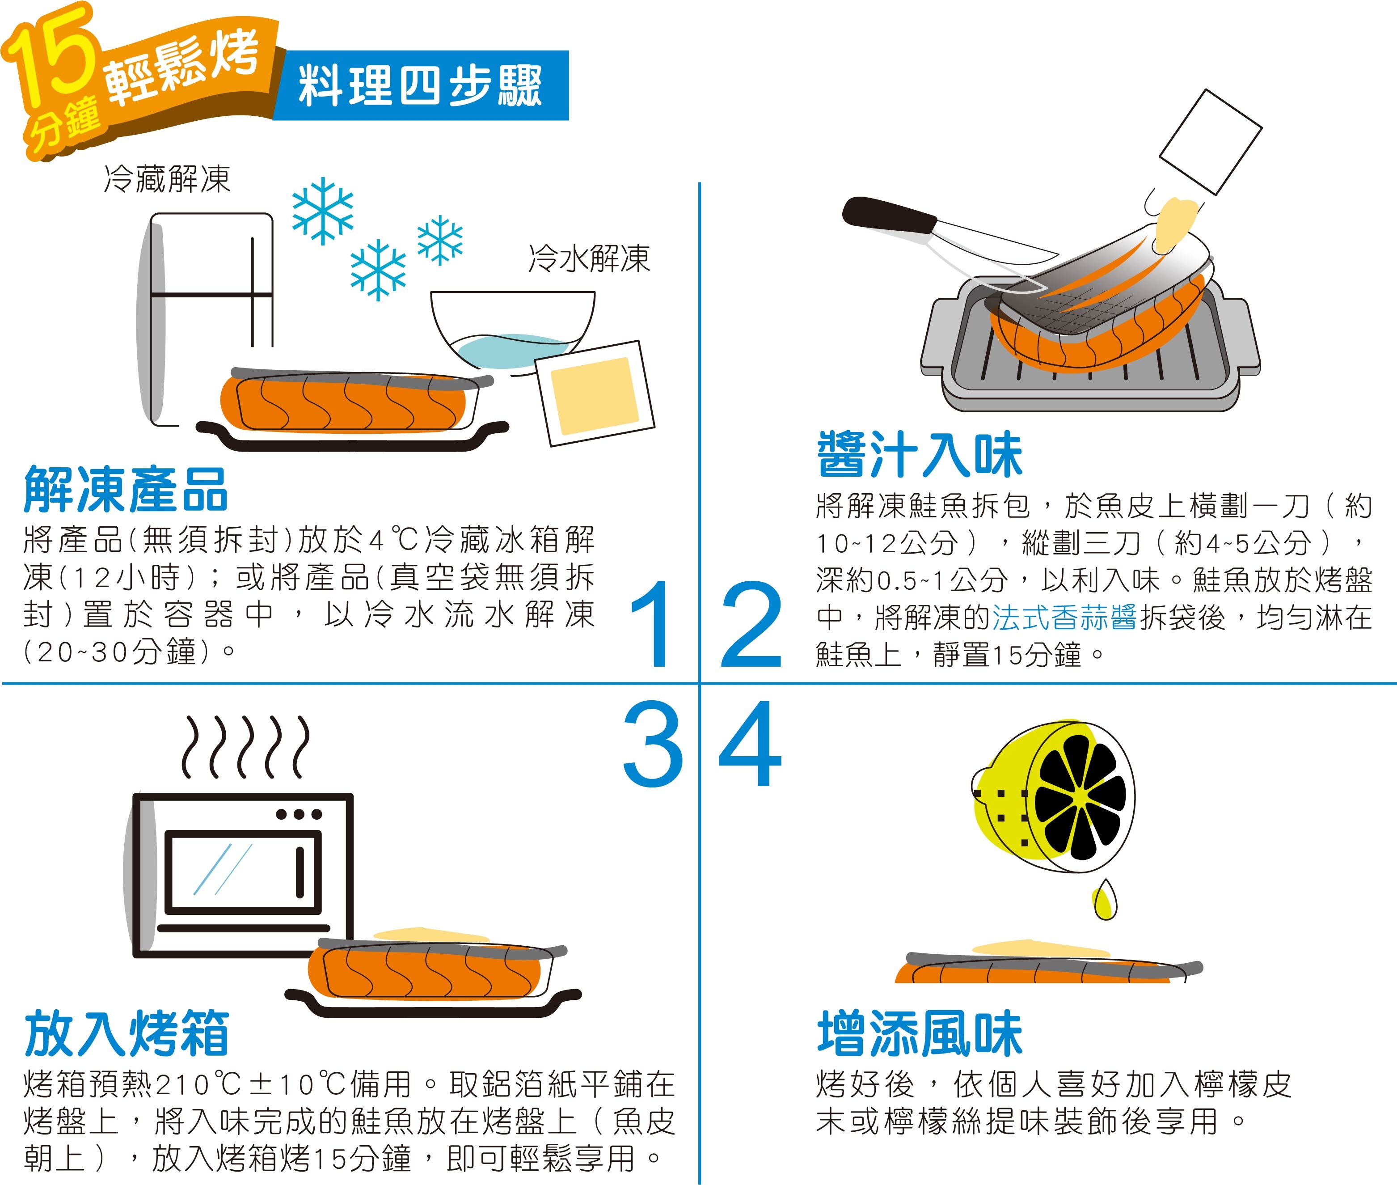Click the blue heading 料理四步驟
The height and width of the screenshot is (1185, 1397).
point(420,86)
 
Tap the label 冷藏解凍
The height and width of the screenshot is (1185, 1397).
point(167,179)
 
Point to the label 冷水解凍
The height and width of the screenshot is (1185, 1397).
point(589,258)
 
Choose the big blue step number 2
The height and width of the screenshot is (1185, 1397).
point(751,624)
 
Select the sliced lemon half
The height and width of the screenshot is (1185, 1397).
point(1055,797)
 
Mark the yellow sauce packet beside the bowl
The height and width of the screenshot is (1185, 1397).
point(595,393)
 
